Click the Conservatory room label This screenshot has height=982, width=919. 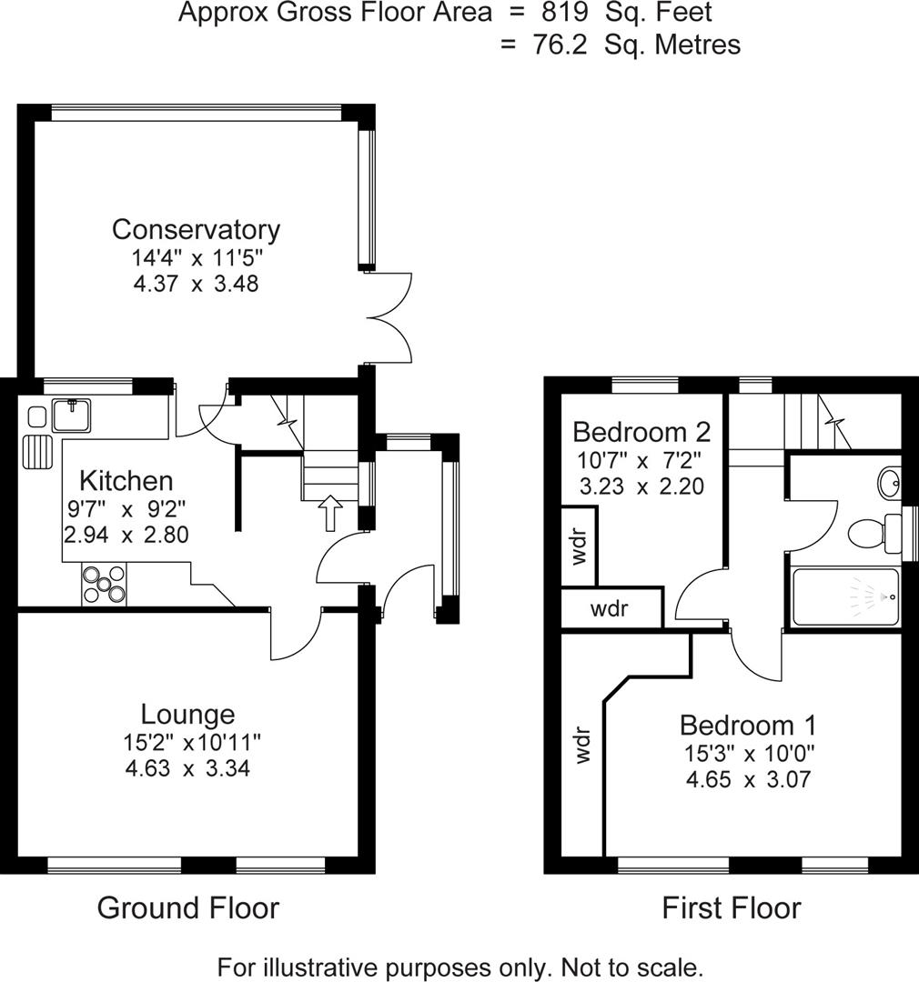(x=196, y=229)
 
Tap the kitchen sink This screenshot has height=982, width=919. (x=69, y=416)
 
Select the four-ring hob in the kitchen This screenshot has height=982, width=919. (x=105, y=584)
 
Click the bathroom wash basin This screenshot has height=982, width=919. (x=890, y=481)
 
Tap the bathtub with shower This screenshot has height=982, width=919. (x=845, y=596)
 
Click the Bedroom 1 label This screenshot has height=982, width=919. (x=748, y=726)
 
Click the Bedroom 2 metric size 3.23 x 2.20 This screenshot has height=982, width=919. (x=641, y=486)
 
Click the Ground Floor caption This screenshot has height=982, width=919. (x=187, y=907)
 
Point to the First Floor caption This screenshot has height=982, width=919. (x=732, y=907)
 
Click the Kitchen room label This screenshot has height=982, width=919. (x=126, y=480)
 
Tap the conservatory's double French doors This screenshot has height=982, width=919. (x=389, y=317)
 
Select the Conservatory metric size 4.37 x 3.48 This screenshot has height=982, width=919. (x=196, y=284)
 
